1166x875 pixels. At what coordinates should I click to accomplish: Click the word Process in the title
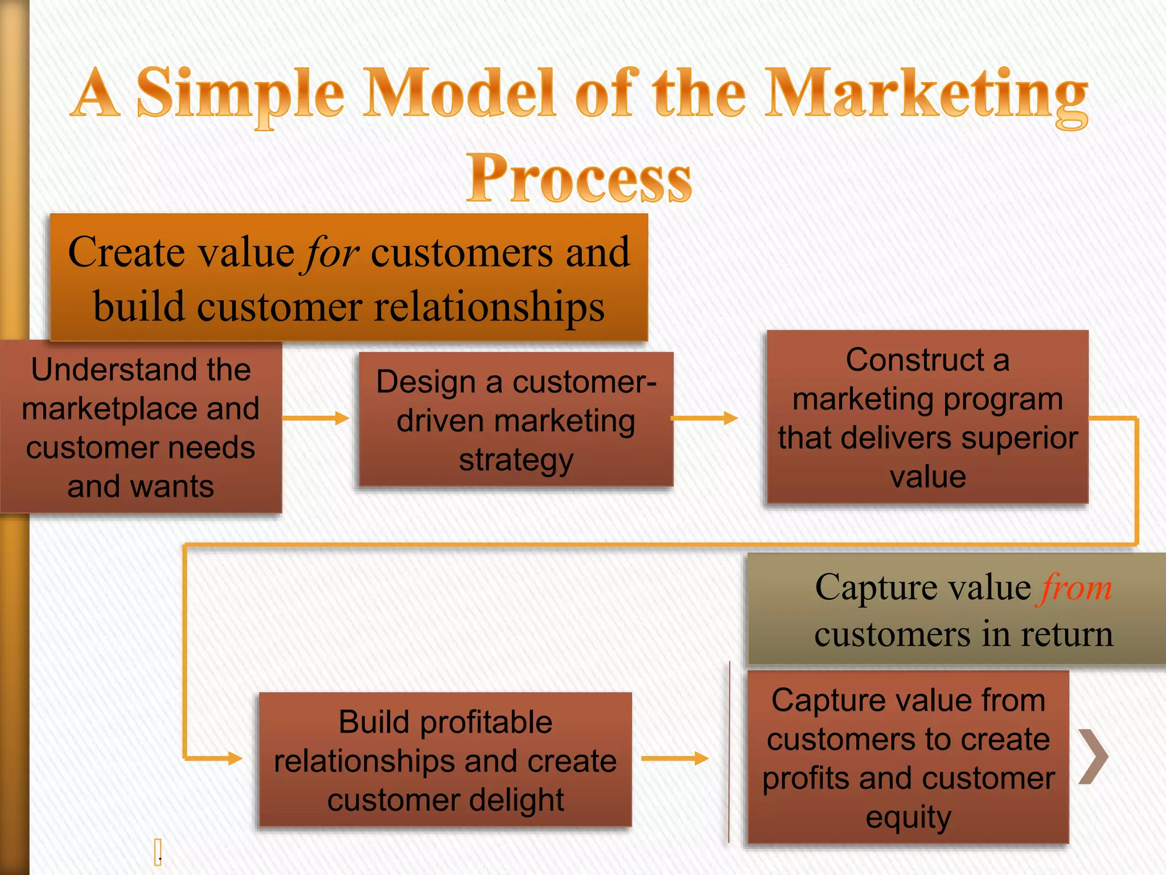coord(579,178)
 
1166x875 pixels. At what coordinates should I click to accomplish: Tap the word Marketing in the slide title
coord(926,94)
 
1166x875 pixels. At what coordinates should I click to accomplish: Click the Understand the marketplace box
coord(141,427)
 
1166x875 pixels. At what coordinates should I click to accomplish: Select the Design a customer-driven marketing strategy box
coord(516,420)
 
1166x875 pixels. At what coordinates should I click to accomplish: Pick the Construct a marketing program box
coord(927,418)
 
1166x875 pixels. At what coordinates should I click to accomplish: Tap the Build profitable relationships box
coord(445,759)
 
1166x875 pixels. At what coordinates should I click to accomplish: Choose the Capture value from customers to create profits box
coord(908,758)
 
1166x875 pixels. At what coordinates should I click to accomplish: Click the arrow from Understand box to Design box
coord(316,418)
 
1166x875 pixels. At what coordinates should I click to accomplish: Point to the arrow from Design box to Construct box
coord(705,418)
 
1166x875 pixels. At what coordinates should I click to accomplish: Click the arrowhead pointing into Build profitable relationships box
coord(235,758)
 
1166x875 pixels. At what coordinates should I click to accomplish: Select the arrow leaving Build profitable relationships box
coord(675,758)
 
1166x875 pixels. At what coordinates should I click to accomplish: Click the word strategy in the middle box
coord(516,460)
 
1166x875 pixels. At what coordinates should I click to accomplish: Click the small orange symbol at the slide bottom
coord(158,852)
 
